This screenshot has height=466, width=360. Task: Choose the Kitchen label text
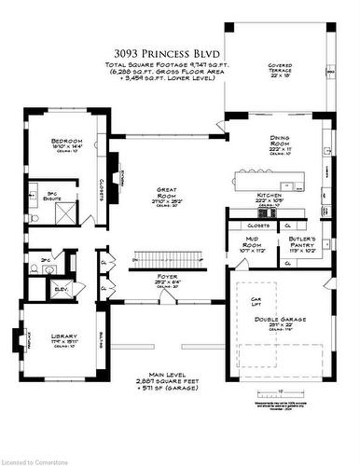click(x=270, y=197)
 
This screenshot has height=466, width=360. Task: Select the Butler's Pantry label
click(x=302, y=244)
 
